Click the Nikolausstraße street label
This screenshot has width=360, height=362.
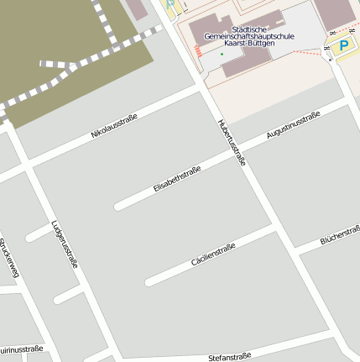pos(114,128)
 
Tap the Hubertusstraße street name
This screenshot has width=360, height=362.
pos(231,142)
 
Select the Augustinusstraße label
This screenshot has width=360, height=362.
pos(294,124)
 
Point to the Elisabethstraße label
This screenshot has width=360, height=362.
pos(178,181)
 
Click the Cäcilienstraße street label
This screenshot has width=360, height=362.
pos(213,254)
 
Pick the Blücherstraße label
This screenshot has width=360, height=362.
pos(340,236)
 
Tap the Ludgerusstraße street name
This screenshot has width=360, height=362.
pos(64,244)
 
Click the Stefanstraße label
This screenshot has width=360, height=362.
pos(230,357)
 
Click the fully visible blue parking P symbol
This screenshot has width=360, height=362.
pos(342,46)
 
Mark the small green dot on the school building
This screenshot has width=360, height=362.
pos(222,55)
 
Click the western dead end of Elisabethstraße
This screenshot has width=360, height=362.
pos(118,205)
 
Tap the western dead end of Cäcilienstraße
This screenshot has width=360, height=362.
pos(149,281)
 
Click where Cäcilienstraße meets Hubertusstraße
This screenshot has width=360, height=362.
pos(274,226)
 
